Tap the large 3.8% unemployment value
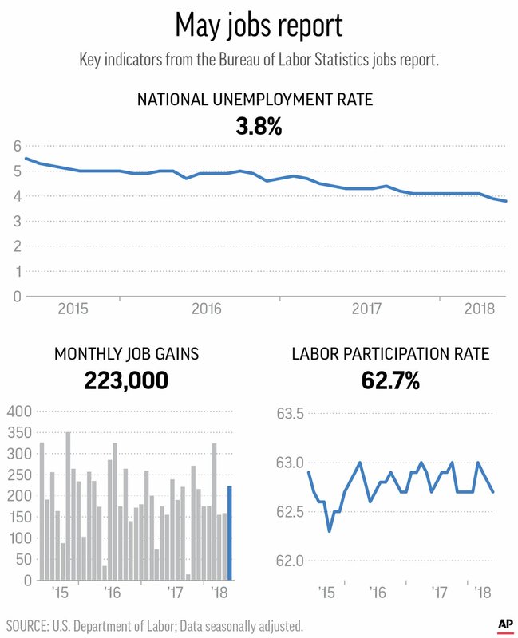click(259, 125)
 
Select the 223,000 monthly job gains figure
click(126, 380)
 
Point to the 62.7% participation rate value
click(389, 380)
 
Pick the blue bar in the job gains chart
click(230, 533)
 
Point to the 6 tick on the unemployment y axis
click(17, 147)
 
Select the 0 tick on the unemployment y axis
click(17, 297)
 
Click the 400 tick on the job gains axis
click(18, 412)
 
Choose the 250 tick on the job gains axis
click(18, 475)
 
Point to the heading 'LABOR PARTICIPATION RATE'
click(389, 353)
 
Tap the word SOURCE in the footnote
click(30, 624)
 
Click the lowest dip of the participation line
click(330, 530)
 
